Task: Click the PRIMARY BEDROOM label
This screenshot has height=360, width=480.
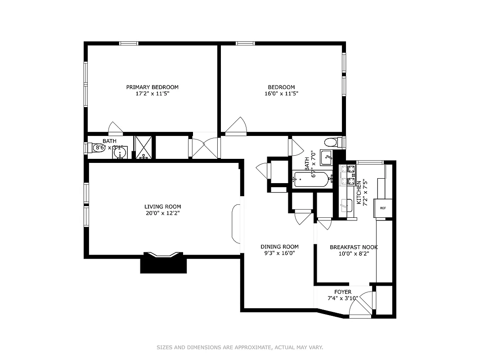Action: tap(152, 87)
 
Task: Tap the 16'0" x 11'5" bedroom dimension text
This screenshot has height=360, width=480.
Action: tap(281, 94)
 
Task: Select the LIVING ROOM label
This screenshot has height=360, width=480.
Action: tap(162, 207)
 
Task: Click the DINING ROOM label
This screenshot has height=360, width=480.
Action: tap(279, 247)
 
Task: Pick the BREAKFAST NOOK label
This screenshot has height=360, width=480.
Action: tap(354, 247)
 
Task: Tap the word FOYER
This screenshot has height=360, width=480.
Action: tap(343, 292)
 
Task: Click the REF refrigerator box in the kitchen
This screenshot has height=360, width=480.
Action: tap(383, 208)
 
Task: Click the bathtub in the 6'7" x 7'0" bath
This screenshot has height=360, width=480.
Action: tap(311, 180)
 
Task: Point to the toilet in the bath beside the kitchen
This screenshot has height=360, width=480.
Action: tap(331, 143)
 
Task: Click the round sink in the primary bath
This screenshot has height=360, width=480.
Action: tap(120, 153)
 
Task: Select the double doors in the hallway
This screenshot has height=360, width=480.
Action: tap(205, 147)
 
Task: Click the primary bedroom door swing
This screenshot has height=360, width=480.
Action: tap(115, 128)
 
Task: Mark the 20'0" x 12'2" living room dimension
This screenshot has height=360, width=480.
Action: tap(162, 213)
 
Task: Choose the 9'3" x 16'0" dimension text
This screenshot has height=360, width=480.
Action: tap(279, 253)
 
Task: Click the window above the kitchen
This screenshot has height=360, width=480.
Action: tap(369, 162)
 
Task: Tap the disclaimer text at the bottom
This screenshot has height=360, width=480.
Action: tap(240, 347)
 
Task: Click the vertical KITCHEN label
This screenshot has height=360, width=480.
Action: tap(359, 193)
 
